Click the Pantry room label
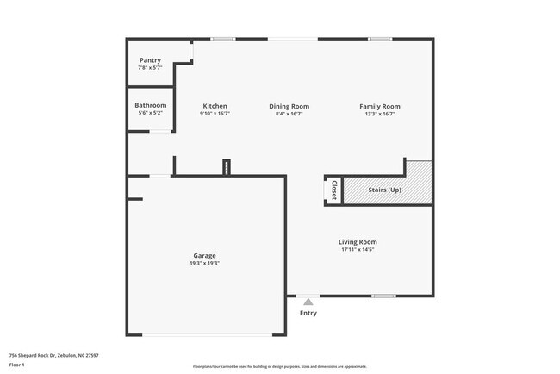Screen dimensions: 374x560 pos(150,60)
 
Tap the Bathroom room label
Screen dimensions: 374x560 pos(150,105)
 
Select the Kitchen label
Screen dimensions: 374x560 pos(215,106)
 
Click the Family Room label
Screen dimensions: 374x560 pos(379,106)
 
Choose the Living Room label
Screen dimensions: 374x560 pos(358,242)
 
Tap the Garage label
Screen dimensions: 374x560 pos(204,255)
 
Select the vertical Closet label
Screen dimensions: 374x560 pos(333,190)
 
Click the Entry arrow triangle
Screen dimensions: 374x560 pos(308,302)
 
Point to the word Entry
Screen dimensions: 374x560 pos(308,313)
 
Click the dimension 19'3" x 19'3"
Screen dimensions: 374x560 pos(204,263)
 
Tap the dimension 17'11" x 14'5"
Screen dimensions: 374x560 pos(358,250)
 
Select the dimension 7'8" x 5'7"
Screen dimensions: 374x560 pos(150,68)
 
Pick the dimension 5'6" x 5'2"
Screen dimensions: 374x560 pos(150,113)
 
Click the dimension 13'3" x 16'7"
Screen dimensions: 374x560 pos(379,114)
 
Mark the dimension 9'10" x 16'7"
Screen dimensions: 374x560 pos(215,114)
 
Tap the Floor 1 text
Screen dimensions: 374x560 pos(16,365)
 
